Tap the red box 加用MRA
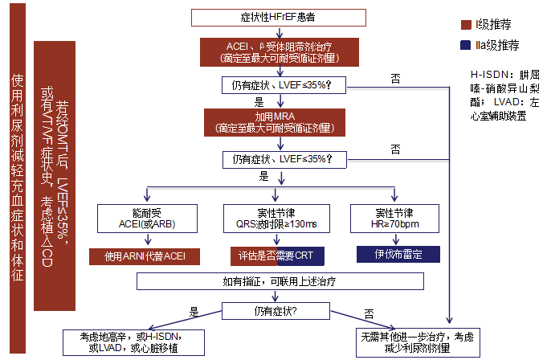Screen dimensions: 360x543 tap(278, 121)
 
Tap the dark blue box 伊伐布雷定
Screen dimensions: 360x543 tap(399, 255)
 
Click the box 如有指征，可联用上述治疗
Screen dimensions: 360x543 tap(278, 281)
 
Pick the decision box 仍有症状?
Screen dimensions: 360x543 tap(278, 309)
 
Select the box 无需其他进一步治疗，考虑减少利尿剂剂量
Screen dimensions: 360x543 tap(412, 342)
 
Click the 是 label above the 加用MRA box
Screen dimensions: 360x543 tap(259, 102)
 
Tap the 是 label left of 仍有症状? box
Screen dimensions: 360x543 tap(193, 311)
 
